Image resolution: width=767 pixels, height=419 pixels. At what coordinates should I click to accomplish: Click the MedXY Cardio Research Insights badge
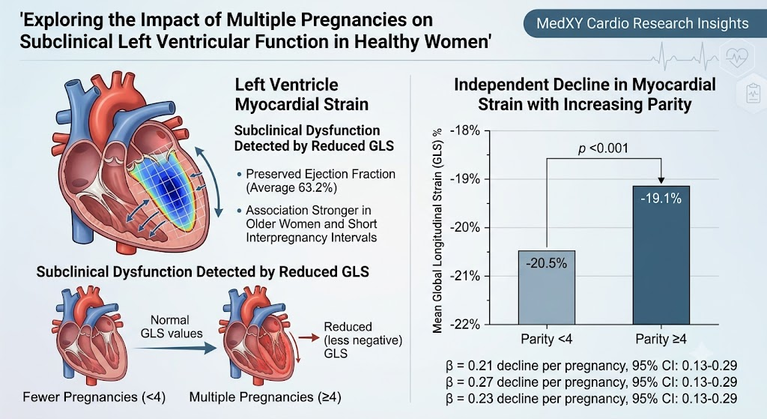click(643, 23)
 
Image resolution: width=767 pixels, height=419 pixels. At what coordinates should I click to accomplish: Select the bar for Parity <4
click(546, 287)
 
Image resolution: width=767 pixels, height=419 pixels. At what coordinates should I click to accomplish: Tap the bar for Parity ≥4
click(661, 255)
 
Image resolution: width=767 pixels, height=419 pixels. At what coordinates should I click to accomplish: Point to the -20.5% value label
click(546, 263)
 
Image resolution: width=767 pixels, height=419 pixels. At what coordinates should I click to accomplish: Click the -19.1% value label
click(661, 198)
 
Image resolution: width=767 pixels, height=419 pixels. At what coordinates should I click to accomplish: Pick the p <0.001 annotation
click(603, 148)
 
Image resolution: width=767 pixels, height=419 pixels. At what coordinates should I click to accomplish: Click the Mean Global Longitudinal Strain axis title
click(437, 231)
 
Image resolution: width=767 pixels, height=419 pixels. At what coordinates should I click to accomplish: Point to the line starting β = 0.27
click(592, 382)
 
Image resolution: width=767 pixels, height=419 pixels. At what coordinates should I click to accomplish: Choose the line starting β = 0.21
click(592, 366)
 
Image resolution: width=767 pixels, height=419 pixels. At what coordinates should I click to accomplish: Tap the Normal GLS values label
click(172, 327)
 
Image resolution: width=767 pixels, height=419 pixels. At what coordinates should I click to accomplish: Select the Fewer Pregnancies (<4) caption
click(94, 397)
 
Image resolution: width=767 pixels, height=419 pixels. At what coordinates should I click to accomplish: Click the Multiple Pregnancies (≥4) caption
click(265, 397)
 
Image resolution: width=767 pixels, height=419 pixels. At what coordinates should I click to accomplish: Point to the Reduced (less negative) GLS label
click(363, 340)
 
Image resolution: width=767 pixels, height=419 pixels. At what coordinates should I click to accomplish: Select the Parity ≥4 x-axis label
click(661, 339)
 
